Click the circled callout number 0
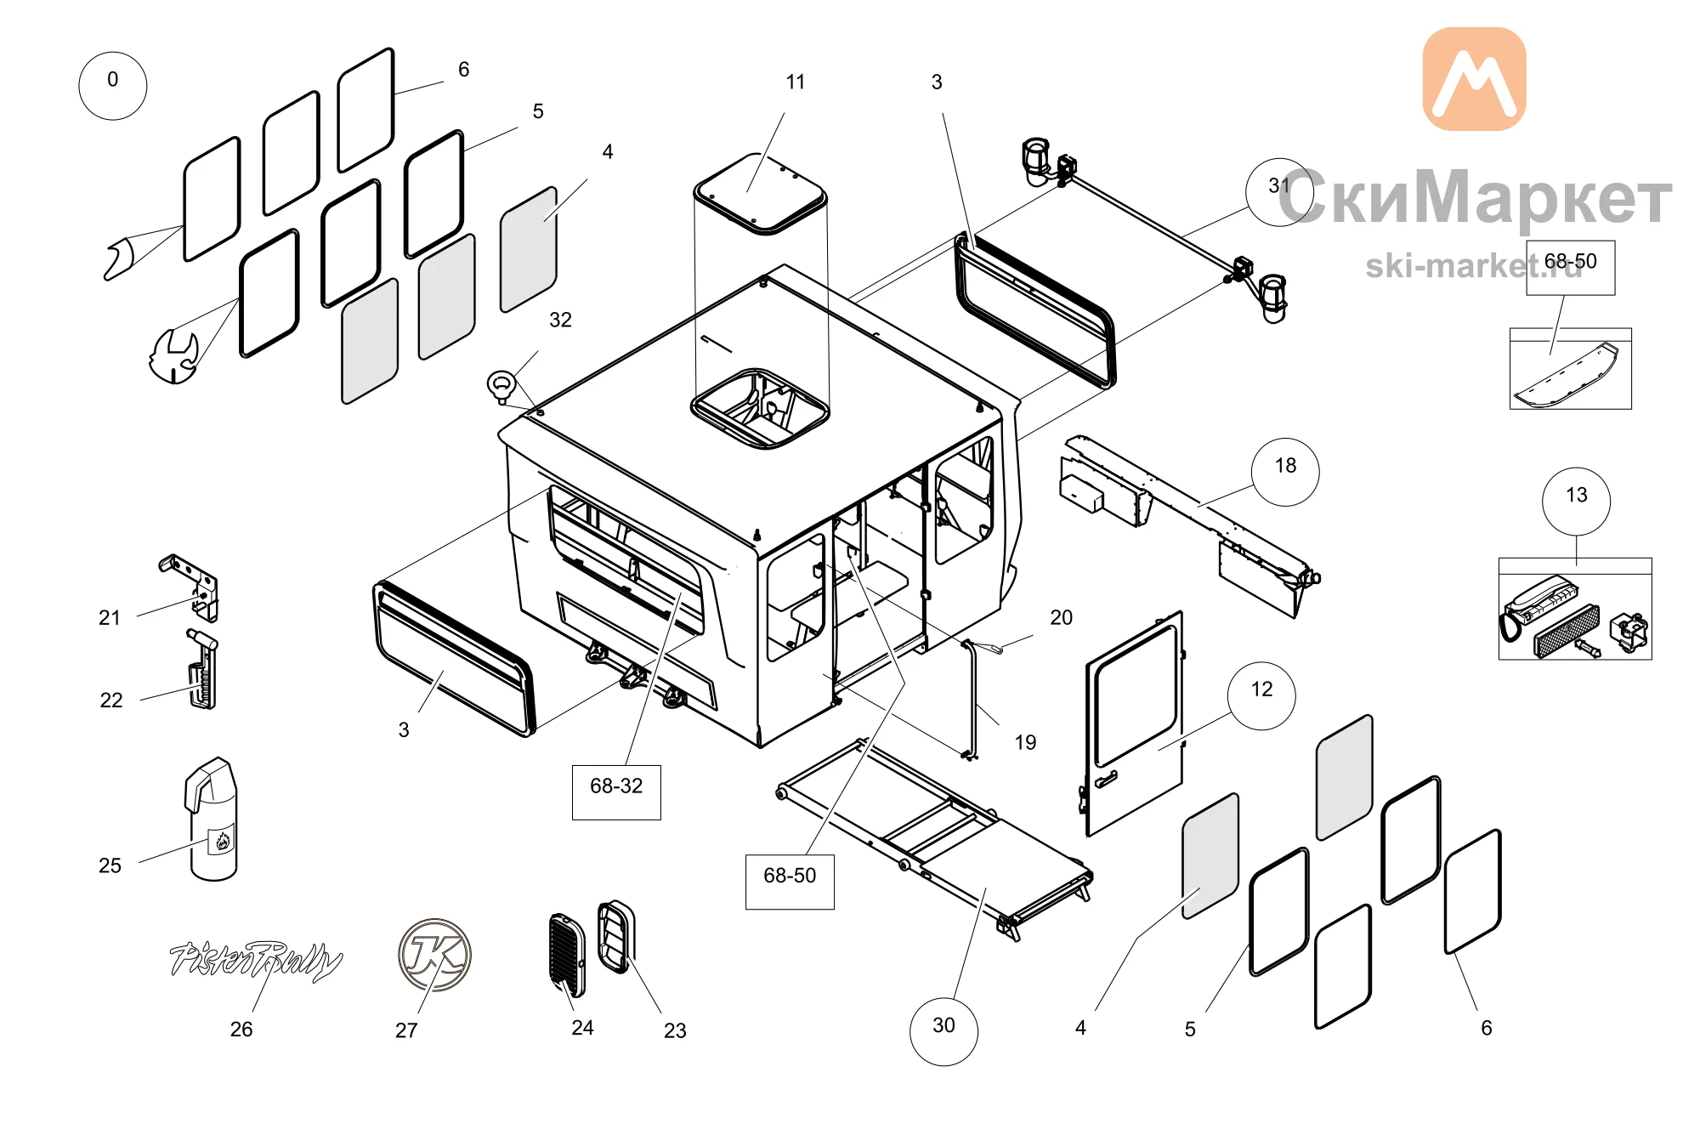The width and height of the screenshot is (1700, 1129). click(x=113, y=86)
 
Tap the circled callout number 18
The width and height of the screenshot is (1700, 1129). click(x=1285, y=472)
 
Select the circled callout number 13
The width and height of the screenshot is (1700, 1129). click(x=1577, y=501)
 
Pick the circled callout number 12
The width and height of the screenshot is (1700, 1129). click(x=1262, y=695)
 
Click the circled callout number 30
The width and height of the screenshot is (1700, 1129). click(x=944, y=1031)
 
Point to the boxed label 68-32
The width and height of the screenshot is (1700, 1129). click(x=616, y=792)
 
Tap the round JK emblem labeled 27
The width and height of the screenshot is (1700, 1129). click(x=434, y=955)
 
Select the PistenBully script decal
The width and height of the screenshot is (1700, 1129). click(x=256, y=961)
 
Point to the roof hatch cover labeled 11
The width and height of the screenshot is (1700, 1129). click(x=760, y=194)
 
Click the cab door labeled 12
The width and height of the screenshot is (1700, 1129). click(x=1133, y=723)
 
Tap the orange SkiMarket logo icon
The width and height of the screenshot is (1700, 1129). click(x=1475, y=79)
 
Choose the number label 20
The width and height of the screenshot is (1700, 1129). click(x=1062, y=617)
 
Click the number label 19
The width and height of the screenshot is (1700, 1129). click(x=1026, y=742)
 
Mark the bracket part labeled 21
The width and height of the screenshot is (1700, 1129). click(x=192, y=586)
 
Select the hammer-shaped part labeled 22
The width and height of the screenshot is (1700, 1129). click(x=202, y=668)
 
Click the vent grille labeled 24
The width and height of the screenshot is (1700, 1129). click(x=568, y=955)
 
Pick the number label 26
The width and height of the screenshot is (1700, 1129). click(x=241, y=1030)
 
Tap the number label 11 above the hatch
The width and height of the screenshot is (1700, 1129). click(x=796, y=82)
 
